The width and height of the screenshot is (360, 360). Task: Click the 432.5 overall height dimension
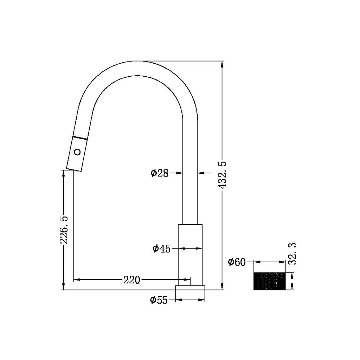(x=223, y=175)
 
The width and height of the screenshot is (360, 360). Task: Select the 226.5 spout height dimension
(x=64, y=230)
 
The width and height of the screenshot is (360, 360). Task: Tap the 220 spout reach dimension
(x=131, y=280)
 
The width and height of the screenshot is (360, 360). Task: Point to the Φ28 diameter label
(x=160, y=173)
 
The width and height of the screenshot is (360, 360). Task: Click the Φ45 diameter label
(x=161, y=249)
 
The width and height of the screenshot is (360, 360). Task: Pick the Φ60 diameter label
(x=237, y=262)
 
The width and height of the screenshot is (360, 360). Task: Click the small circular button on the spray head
(x=77, y=152)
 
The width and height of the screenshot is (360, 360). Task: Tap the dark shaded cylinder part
(x=270, y=281)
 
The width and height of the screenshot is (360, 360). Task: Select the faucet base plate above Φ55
(x=190, y=288)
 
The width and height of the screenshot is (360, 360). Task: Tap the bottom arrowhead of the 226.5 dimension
(x=64, y=287)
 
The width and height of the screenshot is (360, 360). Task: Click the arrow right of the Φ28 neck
(x=202, y=173)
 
